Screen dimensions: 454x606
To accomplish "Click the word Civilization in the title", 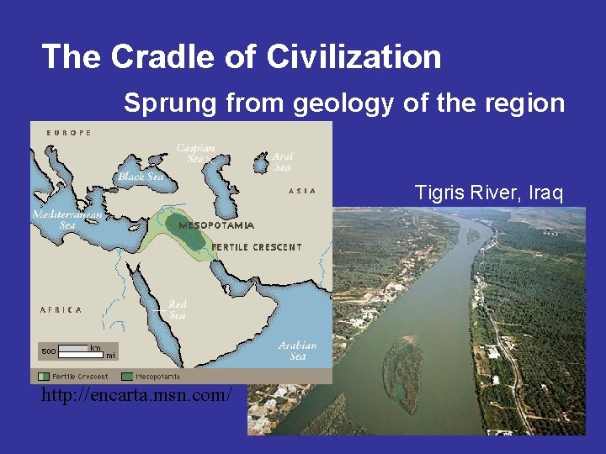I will pos(353,57).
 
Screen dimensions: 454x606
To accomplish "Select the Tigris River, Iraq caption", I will pos(488,193).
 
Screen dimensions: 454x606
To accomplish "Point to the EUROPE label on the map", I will pos(69,133).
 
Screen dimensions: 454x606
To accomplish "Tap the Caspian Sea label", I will pos(195,153).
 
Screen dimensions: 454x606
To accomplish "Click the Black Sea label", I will pos(141,177).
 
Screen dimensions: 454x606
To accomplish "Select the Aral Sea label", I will pos(283,161).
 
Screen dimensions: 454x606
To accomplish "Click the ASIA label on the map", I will pos(302,191).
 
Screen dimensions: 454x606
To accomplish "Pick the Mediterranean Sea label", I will pos(66,219).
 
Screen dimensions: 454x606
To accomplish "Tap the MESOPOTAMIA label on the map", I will pos(216,225).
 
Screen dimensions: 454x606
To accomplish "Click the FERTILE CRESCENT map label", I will pos(256,247).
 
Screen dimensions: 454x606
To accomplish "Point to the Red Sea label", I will pos(178,309).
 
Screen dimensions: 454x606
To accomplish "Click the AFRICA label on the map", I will pos(61,309).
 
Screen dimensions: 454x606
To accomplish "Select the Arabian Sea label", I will pos(298,351).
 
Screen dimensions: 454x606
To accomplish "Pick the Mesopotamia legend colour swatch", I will pos(127,377).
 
